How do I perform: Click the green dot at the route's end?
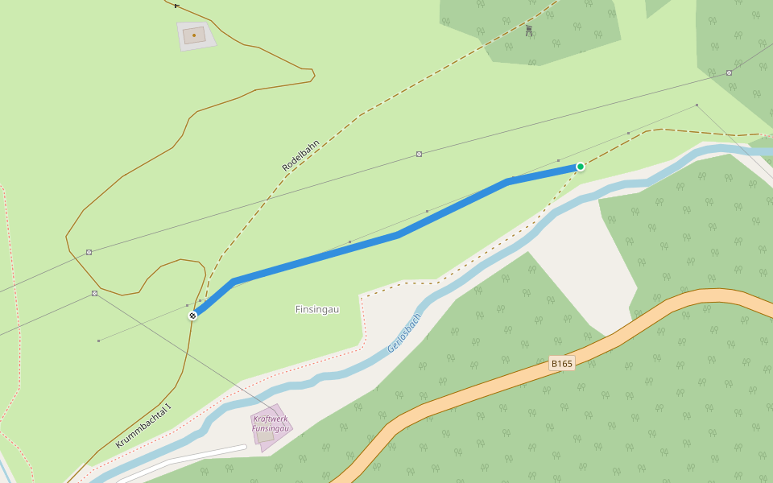point(580,167)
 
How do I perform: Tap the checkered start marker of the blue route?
point(192,316)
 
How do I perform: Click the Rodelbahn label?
point(301,155)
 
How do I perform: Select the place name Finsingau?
point(317,309)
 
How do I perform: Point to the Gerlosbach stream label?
point(404,332)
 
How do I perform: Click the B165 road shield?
point(561,364)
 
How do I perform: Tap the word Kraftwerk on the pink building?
point(270,419)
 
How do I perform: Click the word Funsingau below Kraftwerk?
point(270,428)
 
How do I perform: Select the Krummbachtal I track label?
point(144,426)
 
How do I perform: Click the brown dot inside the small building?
point(194,35)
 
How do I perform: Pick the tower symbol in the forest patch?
point(529,31)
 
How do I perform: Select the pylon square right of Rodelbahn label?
point(419,154)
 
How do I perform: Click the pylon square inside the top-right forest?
point(729,72)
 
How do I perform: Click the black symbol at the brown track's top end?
point(176,5)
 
